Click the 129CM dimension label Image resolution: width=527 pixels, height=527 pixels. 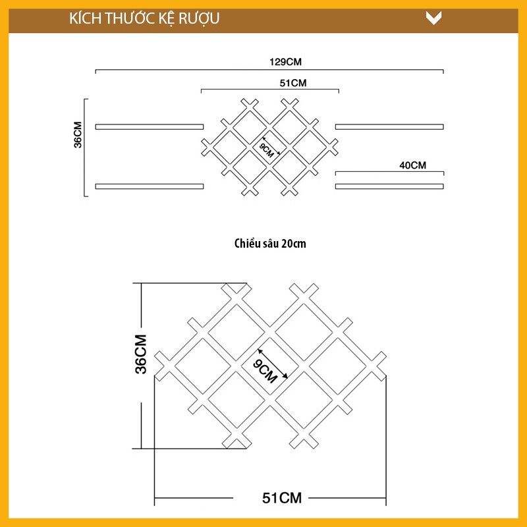tap(285, 62)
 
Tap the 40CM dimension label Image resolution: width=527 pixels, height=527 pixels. tap(413, 165)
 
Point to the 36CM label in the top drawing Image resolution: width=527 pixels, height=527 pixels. tap(78, 135)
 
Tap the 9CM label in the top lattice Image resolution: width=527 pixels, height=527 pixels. tap(267, 150)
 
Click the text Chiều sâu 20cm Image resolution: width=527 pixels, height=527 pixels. tap(270, 244)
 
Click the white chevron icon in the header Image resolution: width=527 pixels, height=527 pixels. tap(433, 18)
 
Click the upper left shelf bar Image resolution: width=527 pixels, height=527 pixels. tap(150, 126)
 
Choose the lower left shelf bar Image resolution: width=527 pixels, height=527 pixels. tap(150, 186)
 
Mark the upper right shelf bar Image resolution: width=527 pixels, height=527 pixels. tap(389, 126)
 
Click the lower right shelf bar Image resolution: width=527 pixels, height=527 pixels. tap(389, 186)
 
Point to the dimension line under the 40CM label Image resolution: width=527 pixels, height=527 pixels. tap(389, 173)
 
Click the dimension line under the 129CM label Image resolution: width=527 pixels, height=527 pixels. tap(198, 70)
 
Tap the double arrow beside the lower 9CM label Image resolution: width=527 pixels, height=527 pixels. tap(272, 364)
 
